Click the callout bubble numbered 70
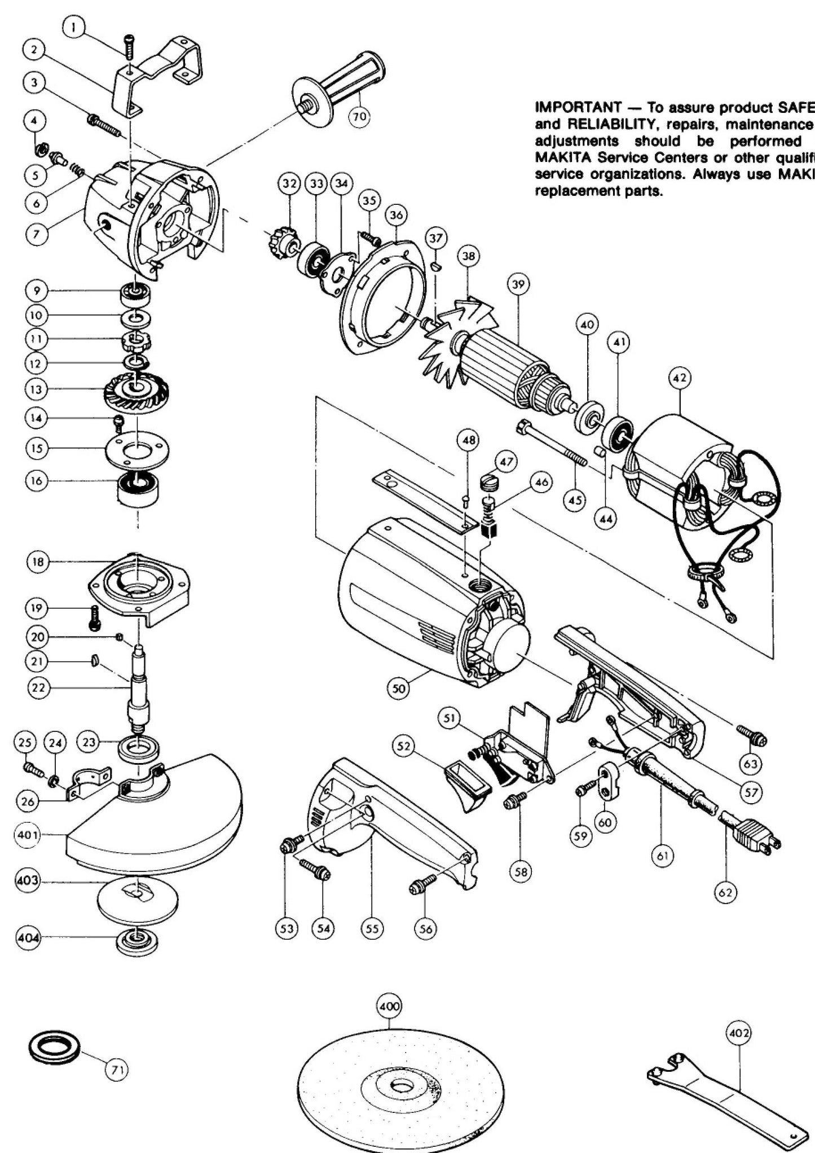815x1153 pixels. [359, 116]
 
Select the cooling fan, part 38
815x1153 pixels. [457, 339]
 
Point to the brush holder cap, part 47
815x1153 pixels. [489, 483]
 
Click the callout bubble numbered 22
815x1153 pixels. [39, 687]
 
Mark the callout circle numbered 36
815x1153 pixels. [397, 216]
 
